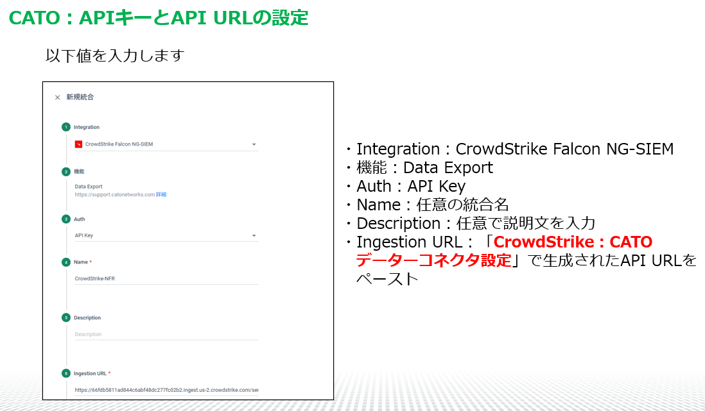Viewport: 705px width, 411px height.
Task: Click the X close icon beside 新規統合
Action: coord(57,97)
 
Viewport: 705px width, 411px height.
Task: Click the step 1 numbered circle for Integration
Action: coord(66,127)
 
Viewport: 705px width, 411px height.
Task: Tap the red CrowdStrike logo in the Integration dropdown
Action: coord(79,144)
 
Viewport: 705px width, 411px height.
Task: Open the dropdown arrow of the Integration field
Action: coord(254,145)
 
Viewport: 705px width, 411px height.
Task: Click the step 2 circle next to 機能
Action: coord(66,172)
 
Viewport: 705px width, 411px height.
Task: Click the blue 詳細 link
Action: coord(161,194)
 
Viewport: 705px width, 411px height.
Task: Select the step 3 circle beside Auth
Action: coord(66,219)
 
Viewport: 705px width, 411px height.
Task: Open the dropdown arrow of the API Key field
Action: coord(254,236)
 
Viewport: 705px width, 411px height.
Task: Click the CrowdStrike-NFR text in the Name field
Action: coord(95,278)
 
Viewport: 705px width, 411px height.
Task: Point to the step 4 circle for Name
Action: coord(66,262)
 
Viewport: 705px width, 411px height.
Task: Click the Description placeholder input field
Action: coord(166,334)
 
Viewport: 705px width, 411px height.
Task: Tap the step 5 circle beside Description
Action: coord(66,317)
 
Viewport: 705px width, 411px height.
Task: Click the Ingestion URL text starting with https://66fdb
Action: coord(166,390)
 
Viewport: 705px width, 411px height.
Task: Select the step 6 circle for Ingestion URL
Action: coord(66,373)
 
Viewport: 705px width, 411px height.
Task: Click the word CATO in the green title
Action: coord(35,18)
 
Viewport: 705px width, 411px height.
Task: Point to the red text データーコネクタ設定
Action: coord(434,260)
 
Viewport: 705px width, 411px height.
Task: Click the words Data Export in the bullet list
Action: coord(448,167)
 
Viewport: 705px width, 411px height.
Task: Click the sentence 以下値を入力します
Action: coord(115,56)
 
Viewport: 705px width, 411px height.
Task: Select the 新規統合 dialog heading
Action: coord(80,97)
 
